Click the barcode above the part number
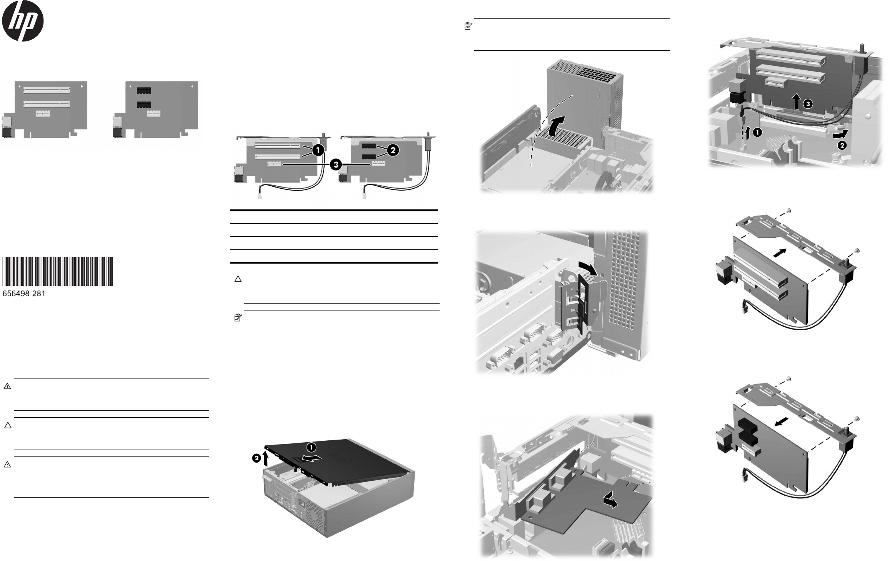(58, 271)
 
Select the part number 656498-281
(24, 294)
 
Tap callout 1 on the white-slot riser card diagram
(318, 150)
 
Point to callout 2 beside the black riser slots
(393, 151)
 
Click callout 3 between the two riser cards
(336, 165)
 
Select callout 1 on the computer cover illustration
(311, 447)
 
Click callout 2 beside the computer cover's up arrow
(257, 458)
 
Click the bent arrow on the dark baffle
(610, 500)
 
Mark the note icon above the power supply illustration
(468, 27)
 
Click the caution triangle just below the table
(238, 279)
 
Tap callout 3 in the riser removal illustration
(808, 104)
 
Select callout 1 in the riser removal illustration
(757, 133)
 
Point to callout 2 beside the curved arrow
(842, 146)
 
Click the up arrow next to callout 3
(797, 102)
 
